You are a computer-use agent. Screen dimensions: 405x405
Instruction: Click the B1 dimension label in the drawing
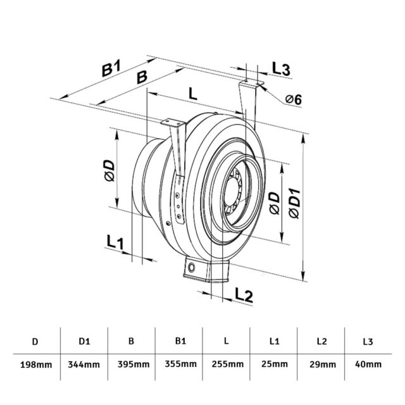point(112,70)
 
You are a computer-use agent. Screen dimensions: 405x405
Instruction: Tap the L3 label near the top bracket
point(281,69)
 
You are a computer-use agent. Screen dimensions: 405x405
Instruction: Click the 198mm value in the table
point(35,364)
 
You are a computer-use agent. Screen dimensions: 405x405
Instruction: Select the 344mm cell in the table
point(84,364)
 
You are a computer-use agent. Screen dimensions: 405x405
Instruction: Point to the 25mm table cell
point(274,364)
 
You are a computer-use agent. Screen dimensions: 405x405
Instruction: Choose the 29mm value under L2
point(321,364)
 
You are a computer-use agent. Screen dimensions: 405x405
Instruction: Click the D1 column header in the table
point(84,342)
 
